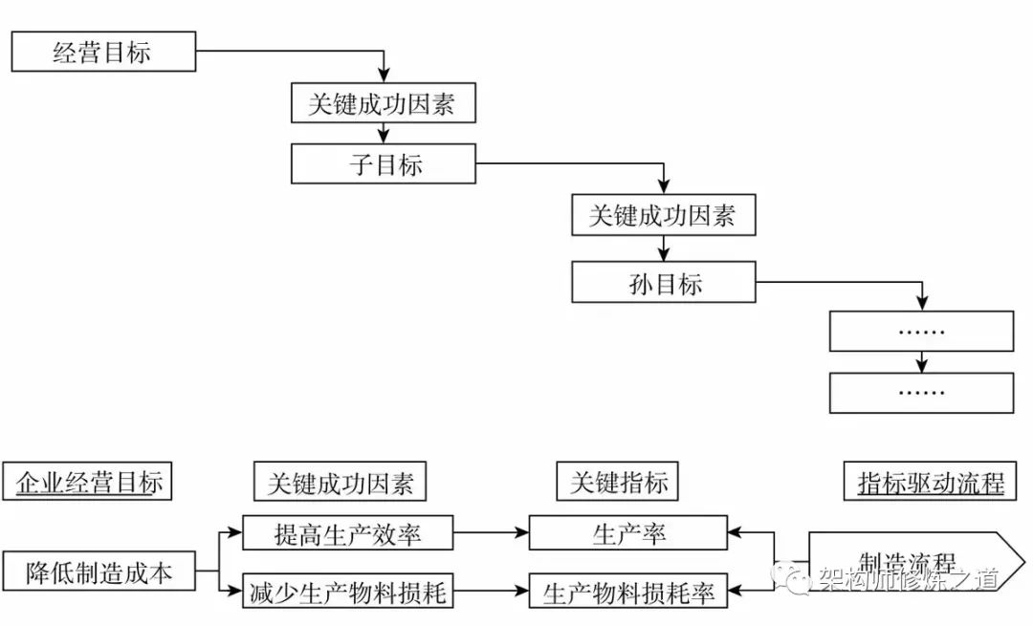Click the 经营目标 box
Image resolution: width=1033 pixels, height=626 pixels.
tap(102, 52)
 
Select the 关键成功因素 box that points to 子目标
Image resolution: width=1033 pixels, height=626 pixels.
tap(384, 103)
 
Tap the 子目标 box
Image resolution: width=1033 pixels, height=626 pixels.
tap(384, 163)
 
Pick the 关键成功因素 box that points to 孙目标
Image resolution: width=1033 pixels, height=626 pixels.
tap(664, 216)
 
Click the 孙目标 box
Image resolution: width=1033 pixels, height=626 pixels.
tap(664, 283)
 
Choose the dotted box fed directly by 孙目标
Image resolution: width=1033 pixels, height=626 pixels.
tap(921, 332)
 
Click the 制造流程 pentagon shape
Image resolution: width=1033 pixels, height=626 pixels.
tap(899, 562)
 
